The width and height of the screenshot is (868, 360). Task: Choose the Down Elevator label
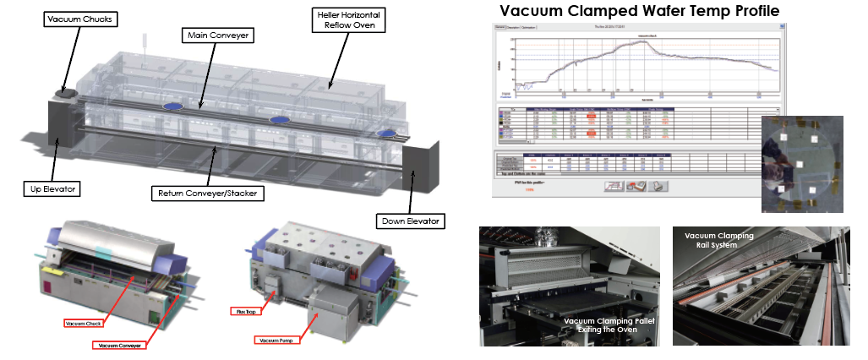408,221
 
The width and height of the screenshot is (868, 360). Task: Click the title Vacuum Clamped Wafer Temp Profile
639,11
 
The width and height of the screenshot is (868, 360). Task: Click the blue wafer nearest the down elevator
390,134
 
